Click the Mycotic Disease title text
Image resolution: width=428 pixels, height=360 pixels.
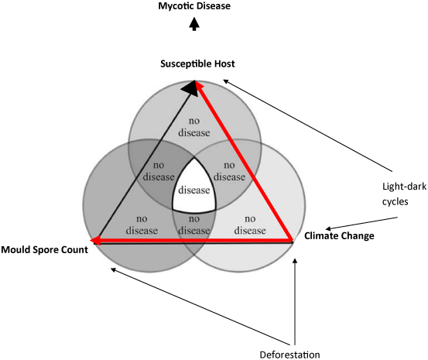pos(194,6)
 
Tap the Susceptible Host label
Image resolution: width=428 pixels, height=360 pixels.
pos(197,63)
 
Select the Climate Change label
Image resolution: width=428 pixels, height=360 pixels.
pos(339,235)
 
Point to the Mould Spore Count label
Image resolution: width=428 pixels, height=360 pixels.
pos(44,249)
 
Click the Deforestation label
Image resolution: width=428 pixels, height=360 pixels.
pos(289,355)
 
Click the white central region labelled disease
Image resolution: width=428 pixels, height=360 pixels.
pos(194,187)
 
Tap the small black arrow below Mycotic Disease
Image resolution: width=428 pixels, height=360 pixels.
pos(194,24)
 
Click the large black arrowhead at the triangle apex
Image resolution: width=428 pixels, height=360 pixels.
pos(190,88)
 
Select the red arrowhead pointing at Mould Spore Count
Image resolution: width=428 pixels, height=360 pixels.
pos(95,241)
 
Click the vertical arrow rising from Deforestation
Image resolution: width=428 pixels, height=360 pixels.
pos(295,302)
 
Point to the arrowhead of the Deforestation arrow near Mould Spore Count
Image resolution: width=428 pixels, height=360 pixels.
pos(113,270)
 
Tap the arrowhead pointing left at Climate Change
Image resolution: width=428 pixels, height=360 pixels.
pos(328,228)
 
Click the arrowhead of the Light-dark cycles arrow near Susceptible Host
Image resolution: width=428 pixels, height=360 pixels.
pos(226,81)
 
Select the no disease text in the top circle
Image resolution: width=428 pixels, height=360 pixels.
pos(194,127)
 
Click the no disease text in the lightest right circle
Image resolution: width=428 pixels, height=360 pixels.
pos(250,225)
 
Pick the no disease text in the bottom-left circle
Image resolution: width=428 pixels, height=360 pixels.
pos(142,225)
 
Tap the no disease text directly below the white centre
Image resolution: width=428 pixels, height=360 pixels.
pos(194,225)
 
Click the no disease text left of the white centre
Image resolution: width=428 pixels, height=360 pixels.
pos(159,171)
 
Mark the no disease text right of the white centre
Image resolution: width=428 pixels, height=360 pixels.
pos(229,171)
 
